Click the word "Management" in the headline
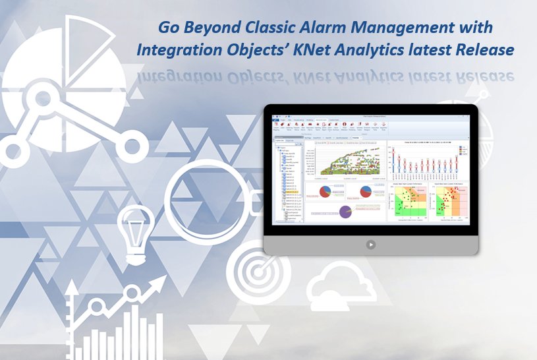404,29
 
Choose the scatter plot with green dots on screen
409,201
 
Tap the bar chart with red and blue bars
429,159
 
